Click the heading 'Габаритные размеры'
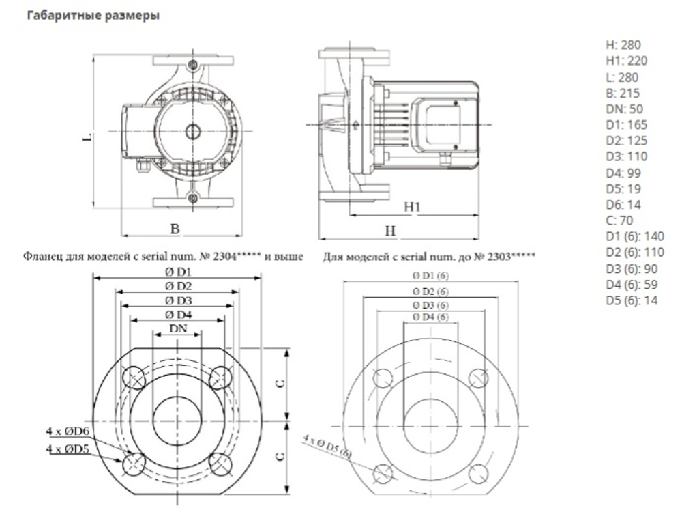93,16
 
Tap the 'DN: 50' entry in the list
624,109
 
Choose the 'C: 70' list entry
620,221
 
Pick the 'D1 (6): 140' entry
634,237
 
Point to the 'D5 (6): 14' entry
632,300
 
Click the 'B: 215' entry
622,93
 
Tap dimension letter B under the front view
175,230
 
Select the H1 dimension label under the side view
412,206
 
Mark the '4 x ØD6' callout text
68,431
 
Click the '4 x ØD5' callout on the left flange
68,449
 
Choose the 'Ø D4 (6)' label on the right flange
430,317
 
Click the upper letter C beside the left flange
280,384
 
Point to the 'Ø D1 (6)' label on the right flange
430,276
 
